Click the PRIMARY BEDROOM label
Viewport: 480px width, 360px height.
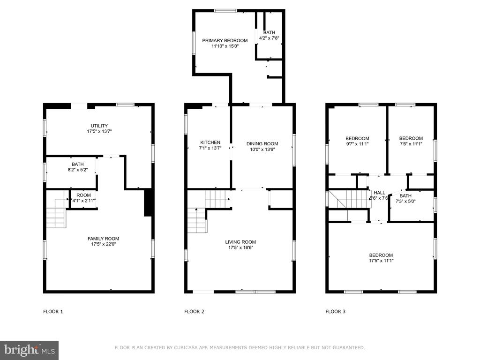(225, 40)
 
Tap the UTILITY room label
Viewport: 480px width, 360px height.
(99, 126)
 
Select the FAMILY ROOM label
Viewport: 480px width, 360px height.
(104, 239)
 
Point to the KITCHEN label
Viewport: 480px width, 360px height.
(210, 142)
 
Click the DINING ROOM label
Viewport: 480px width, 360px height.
(262, 143)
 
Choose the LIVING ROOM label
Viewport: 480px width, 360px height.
(240, 242)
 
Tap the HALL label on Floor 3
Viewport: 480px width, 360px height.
(379, 193)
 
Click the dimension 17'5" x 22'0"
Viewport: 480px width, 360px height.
(104, 244)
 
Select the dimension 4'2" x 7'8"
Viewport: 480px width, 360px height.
(269, 38)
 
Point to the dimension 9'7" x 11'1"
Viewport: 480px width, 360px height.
(357, 144)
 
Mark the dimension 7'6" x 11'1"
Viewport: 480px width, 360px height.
(411, 144)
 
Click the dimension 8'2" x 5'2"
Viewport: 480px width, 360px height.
(78, 170)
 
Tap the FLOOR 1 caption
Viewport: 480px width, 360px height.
(53, 312)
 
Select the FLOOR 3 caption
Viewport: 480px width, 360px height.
(335, 312)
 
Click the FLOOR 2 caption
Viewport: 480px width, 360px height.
(194, 312)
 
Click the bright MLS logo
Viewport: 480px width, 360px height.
(30, 350)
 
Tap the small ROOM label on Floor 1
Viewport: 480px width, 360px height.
(83, 195)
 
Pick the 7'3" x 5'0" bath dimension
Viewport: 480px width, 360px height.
(405, 202)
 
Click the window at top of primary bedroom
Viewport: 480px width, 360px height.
(225, 11)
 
